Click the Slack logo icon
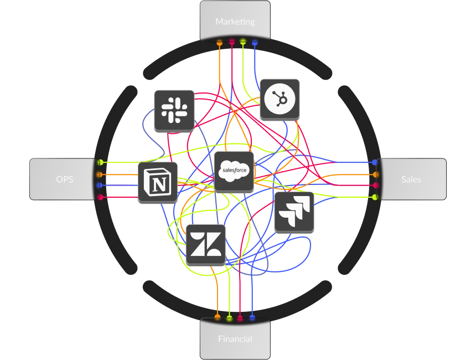coord(174,110)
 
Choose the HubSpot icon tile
coord(280,99)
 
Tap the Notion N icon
coord(158,182)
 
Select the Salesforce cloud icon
coord(234,171)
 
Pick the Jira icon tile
coord(294,212)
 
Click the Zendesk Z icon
coord(206,244)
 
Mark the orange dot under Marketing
coord(220,42)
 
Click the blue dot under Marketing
coord(255,42)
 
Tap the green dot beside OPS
coord(101,162)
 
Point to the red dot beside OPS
coord(101,197)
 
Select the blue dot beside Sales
coord(375,162)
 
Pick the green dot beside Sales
coord(375,197)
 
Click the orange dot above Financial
coord(217,318)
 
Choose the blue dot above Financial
coord(252,318)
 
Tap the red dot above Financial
coord(240,318)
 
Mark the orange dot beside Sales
coord(375,174)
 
